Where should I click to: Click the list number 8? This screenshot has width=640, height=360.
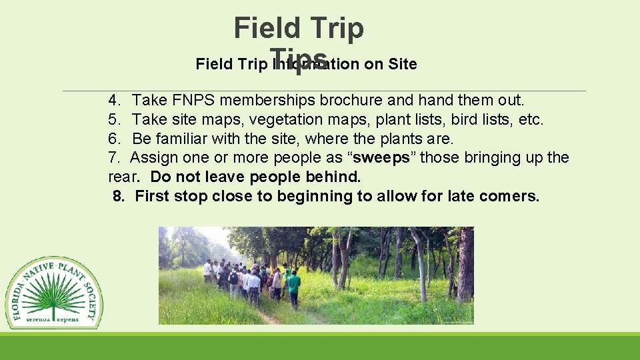(119, 196)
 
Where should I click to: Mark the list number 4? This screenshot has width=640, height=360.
(113, 100)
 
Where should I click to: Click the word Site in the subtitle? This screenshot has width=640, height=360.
(401, 64)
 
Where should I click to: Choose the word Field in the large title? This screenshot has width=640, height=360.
(265, 28)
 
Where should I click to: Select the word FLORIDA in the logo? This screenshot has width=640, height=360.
(16, 301)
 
